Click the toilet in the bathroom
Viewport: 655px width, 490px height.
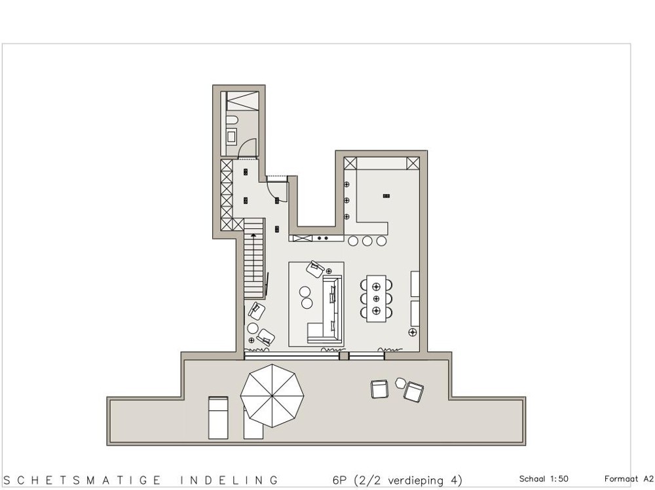click(x=231, y=121)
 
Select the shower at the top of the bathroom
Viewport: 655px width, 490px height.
click(x=241, y=102)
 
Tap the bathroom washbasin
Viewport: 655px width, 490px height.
click(x=232, y=137)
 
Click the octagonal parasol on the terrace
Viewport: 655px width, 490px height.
click(x=272, y=395)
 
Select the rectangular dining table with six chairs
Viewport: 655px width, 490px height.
click(x=376, y=298)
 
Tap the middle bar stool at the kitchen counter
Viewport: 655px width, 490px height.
click(x=367, y=241)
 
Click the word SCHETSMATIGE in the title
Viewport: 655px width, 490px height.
click(x=82, y=480)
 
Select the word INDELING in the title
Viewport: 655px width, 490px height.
click(x=229, y=480)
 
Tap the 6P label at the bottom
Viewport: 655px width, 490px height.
click(x=339, y=480)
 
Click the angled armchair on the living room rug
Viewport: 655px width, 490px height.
click(x=315, y=268)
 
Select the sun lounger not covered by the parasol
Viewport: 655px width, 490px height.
click(x=218, y=417)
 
